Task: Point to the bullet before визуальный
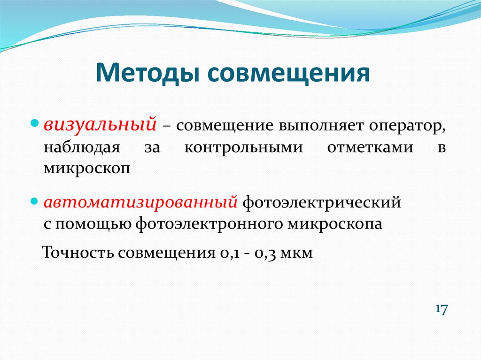35,124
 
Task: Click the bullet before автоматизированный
35,201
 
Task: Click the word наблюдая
82,148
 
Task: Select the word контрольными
244,148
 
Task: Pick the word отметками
370,148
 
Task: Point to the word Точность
78,253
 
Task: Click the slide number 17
442,309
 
